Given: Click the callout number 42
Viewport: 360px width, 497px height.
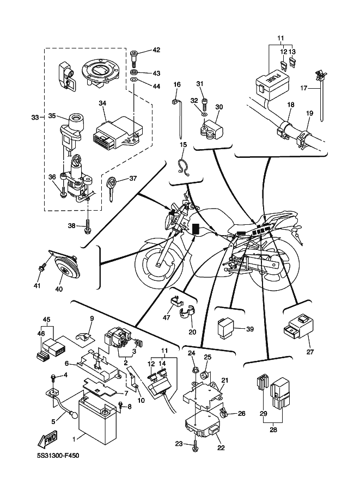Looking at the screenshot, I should pyautogui.click(x=156, y=50).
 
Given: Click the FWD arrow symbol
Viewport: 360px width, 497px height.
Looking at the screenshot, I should pyautogui.click(x=48, y=439).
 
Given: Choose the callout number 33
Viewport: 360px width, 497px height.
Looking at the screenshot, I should pyautogui.click(x=35, y=117).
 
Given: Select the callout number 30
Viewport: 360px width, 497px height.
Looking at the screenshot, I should pyautogui.click(x=219, y=107).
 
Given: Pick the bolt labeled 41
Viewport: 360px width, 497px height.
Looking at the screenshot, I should pyautogui.click(x=42, y=268).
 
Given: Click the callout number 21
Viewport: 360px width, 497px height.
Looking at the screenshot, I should pyautogui.click(x=225, y=380).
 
